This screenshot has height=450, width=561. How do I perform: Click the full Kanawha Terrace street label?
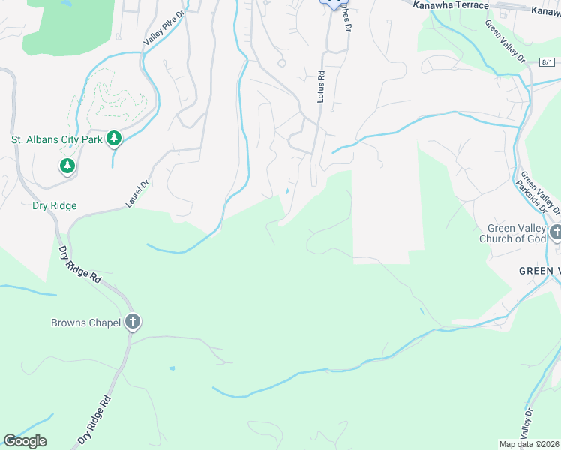451,5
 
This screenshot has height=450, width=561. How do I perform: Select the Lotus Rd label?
320,87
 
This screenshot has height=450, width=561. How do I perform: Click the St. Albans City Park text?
56,139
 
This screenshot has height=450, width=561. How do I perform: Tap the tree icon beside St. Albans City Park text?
113,139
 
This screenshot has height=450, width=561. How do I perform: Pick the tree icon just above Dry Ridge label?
67,165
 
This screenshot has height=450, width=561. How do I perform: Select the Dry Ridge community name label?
54,205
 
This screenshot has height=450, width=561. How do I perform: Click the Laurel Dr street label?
135,193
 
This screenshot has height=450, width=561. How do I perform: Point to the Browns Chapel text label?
85,323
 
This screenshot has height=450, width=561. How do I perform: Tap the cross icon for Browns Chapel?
133,322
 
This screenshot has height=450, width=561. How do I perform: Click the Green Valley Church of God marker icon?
555,232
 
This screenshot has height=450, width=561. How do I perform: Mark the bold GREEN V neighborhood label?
538,271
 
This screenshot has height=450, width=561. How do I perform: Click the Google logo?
25,441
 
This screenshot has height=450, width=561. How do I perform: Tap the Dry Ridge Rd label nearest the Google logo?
94,421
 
